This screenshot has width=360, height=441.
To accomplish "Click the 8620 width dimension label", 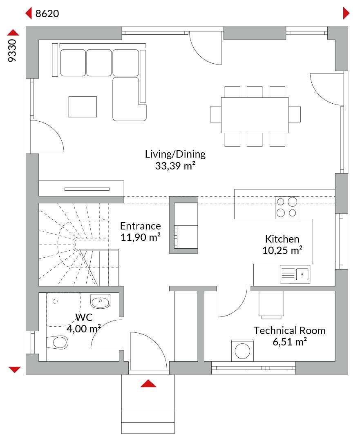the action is pyautogui.click(x=47, y=13).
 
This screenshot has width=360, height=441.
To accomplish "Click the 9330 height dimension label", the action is pyautogui.click(x=12, y=50).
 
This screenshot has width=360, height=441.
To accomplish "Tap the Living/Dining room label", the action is pyautogui.click(x=175, y=154).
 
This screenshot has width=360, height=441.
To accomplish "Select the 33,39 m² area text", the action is pyautogui.click(x=175, y=166).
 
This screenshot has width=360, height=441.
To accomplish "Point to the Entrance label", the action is pyautogui.click(x=141, y=226).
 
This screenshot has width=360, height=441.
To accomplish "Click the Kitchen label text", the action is pyautogui.click(x=282, y=239).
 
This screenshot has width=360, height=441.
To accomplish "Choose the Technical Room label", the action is pyautogui.click(x=289, y=330).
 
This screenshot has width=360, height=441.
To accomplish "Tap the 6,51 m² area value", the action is pyautogui.click(x=289, y=342).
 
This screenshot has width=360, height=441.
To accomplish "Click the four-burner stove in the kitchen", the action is pyautogui.click(x=286, y=207).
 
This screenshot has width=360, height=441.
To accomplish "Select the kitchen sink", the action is pyautogui.click(x=295, y=274).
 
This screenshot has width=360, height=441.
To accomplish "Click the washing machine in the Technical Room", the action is pyautogui.click(x=242, y=350).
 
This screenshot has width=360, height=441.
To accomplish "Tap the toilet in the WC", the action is pyautogui.click(x=58, y=342).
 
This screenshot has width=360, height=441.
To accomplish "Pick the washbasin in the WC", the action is pyautogui.click(x=100, y=301).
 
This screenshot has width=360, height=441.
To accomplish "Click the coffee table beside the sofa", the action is pyautogui.click(x=83, y=107).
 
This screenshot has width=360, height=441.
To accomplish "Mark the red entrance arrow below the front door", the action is pyautogui.click(x=148, y=383).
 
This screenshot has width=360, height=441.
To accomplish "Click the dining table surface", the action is pyautogui.click(x=255, y=115).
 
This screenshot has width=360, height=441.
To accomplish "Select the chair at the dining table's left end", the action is pyautogui.click(x=216, y=114).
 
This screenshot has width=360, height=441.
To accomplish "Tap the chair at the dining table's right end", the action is pyautogui.click(x=295, y=114).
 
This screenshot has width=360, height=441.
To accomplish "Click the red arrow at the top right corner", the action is pyautogui.click(x=346, y=13).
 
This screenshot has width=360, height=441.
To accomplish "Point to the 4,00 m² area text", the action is pyautogui.click(x=84, y=328).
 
